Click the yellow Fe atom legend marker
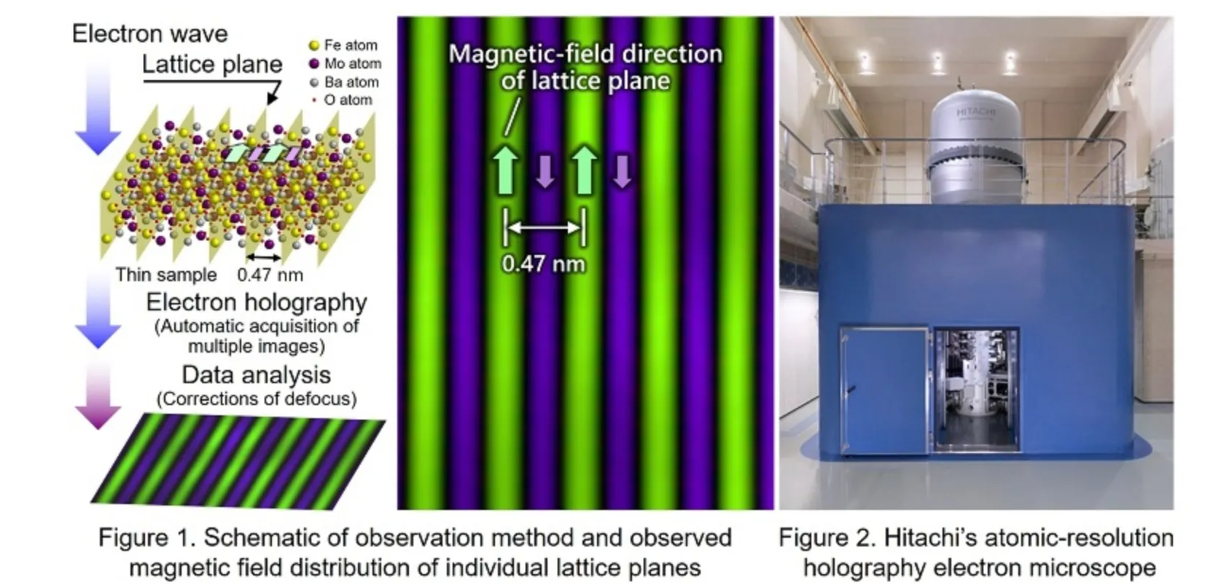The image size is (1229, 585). coord(314,45)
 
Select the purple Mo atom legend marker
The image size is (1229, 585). coord(314,64)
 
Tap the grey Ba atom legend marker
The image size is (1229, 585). coord(314,83)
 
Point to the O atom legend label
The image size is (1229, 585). coord(348,100)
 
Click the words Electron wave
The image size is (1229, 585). coord(149,34)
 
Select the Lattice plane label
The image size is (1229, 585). coord(212,64)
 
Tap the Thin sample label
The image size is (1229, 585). coord(166,274)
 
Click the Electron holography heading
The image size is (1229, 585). coord(257,302)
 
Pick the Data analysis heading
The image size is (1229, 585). coord(257,375)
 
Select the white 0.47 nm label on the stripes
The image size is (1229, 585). coord(544,264)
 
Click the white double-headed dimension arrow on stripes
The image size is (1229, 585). coord(545,227)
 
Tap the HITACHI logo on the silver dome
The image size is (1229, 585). coord(975,113)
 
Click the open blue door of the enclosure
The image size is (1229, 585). coord(883,390)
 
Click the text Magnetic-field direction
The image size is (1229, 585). coord(585,55)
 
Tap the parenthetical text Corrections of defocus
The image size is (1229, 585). coord(257,398)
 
